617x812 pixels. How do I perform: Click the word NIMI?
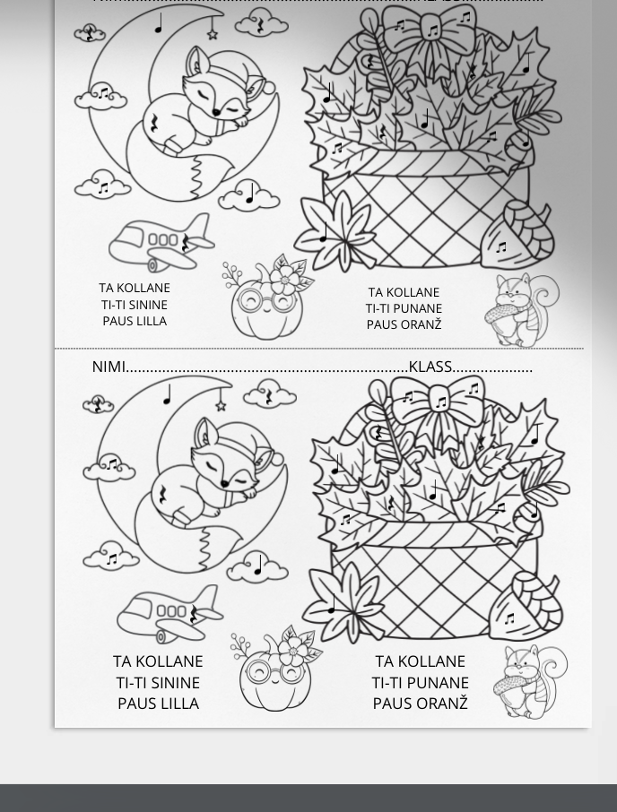[x=109, y=367]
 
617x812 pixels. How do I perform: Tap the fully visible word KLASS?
[x=430, y=367]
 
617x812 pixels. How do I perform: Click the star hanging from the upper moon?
[x=213, y=34]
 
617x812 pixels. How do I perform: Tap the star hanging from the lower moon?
[x=221, y=406]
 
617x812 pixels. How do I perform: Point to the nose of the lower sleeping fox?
[x=224, y=484]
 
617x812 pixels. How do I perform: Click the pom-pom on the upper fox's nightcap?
[x=269, y=87]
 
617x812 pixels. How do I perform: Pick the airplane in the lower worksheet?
[x=169, y=614]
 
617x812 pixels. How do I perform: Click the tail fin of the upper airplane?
[x=199, y=227]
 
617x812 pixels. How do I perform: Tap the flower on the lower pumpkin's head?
[x=294, y=652]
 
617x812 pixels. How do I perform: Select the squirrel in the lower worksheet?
[x=529, y=681]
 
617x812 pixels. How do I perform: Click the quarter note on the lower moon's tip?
[x=167, y=394]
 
